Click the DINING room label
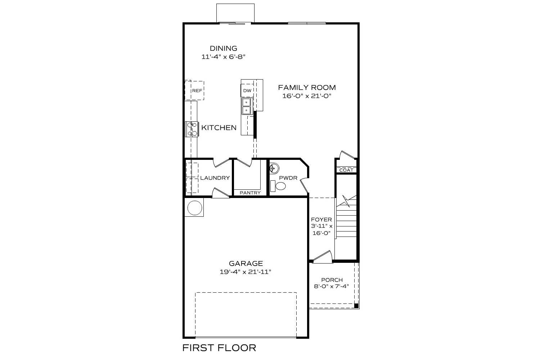(x=224, y=48)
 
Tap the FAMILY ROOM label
(x=307, y=87)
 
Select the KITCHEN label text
(x=219, y=128)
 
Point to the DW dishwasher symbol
(x=247, y=91)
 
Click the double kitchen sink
(x=247, y=106)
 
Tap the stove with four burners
(x=192, y=129)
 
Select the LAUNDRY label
(x=215, y=178)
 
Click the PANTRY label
(x=250, y=193)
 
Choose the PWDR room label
(x=288, y=178)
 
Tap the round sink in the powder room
(x=274, y=168)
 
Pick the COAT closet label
(x=346, y=170)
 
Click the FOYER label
(x=321, y=220)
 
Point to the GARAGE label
(x=246, y=264)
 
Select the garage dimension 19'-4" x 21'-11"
(x=245, y=272)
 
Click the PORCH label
(x=332, y=280)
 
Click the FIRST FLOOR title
(x=219, y=348)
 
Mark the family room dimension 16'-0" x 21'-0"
(x=307, y=96)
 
